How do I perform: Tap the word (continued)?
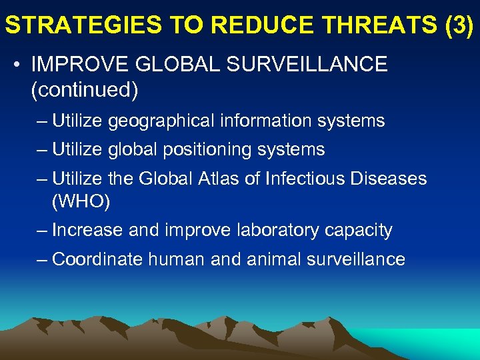point(85,90)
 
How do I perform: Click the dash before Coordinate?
point(43,259)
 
